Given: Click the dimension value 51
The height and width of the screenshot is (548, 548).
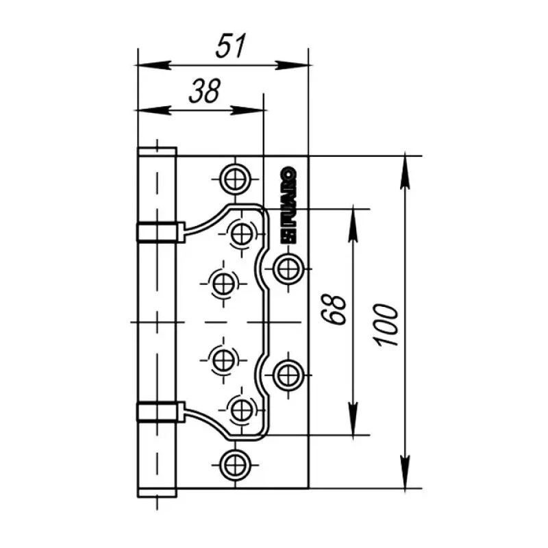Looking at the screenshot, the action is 231,46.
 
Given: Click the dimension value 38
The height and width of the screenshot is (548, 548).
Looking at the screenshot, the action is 205,91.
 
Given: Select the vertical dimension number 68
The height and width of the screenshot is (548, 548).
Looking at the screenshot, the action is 334,310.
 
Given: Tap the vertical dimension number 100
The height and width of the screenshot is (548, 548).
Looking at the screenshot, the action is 386,325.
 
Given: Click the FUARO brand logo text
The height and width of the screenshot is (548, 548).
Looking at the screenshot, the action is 289,204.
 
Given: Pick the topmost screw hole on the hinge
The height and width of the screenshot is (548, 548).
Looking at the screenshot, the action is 235,179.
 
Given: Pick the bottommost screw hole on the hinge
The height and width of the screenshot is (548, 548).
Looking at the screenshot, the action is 235,465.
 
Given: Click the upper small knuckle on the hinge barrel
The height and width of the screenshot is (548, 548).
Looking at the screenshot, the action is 160,232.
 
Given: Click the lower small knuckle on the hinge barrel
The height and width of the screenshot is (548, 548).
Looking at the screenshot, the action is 160,412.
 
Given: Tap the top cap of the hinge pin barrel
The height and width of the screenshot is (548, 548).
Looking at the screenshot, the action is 157,151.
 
